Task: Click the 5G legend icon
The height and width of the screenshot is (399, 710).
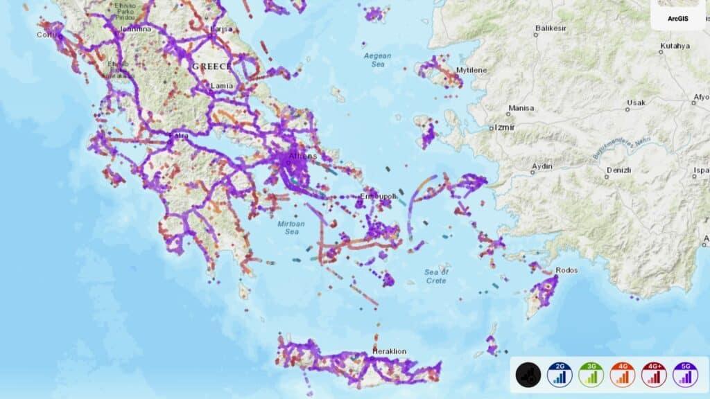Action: point(685,375)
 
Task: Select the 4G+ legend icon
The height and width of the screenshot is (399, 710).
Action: point(654,375)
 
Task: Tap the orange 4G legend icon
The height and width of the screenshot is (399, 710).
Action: point(623,375)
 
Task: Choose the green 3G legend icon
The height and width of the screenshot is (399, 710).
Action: point(591,375)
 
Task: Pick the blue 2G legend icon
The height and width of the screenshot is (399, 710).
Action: point(560,375)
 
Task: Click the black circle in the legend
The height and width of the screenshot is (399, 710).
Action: point(528,375)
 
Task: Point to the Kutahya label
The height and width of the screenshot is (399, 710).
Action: point(675,46)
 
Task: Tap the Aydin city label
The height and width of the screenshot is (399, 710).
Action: point(542,167)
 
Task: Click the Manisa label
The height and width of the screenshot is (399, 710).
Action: point(521,108)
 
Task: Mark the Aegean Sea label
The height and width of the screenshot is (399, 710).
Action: point(377,60)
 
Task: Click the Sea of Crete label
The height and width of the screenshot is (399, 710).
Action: point(436,276)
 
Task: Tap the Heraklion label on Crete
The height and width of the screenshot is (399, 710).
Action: point(390,351)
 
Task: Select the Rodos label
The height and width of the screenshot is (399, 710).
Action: point(566,270)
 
